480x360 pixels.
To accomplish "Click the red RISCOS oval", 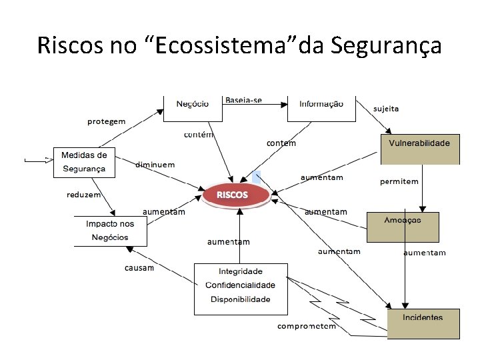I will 233,195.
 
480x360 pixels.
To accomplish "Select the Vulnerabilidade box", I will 420,149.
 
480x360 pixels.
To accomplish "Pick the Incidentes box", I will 423,323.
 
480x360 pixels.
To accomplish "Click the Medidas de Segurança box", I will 84,162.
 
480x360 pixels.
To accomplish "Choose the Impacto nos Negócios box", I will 110,231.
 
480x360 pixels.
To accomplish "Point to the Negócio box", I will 192,107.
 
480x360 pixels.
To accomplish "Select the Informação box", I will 321,107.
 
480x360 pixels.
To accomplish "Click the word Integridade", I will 241,271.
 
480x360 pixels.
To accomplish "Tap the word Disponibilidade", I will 241,299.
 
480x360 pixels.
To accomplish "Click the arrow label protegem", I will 106,121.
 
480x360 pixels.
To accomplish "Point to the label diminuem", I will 155,165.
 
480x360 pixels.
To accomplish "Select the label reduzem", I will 83,195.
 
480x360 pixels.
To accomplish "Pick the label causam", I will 139,268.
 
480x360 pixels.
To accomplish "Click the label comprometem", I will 307,327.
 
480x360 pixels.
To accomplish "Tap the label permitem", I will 399,181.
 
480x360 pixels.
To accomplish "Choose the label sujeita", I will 386,109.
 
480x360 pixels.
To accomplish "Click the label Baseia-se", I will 243,100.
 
